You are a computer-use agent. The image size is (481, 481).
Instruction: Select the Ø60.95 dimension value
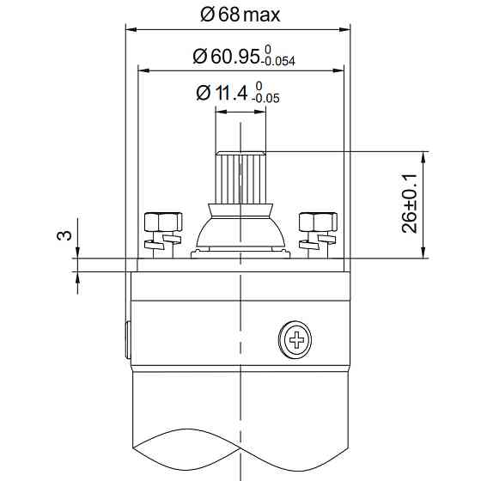click(x=226, y=57)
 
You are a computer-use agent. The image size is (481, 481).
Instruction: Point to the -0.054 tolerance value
click(x=280, y=63)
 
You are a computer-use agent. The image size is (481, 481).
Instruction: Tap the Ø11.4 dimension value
click(x=225, y=93)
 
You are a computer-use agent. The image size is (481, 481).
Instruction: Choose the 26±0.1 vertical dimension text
click(x=411, y=204)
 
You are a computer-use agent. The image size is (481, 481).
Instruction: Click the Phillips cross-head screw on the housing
click(x=297, y=340)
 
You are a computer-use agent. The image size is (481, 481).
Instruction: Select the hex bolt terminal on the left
click(x=164, y=232)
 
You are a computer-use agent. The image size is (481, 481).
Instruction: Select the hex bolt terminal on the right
click(x=317, y=232)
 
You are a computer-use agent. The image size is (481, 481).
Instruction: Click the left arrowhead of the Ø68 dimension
click(x=131, y=29)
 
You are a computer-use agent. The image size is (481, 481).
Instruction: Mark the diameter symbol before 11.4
click(x=203, y=93)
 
